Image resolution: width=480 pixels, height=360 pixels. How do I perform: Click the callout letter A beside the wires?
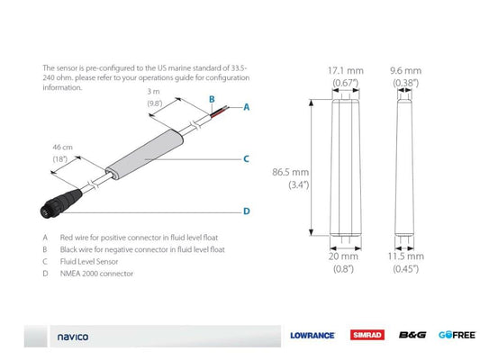pyautogui.click(x=245, y=106)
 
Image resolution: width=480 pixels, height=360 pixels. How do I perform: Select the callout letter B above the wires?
pyautogui.click(x=211, y=98)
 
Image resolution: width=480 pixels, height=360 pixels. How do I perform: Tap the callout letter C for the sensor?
pyautogui.click(x=245, y=158)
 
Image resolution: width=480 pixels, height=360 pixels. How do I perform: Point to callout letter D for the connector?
pyautogui.click(x=245, y=212)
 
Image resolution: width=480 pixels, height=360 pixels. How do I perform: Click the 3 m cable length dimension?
pyautogui.click(x=158, y=92)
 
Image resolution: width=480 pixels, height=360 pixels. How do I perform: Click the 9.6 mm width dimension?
pyautogui.click(x=405, y=69)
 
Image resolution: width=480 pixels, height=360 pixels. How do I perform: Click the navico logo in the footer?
pyautogui.click(x=74, y=337)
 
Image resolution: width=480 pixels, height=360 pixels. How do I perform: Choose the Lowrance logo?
pyautogui.click(x=312, y=336)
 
